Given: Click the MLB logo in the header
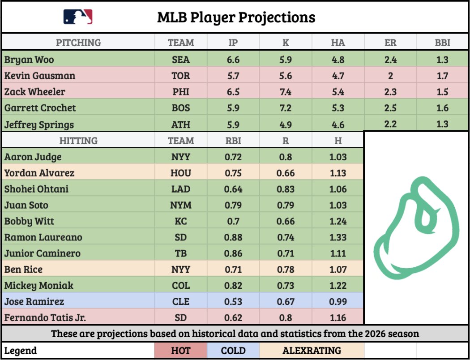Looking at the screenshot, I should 78,17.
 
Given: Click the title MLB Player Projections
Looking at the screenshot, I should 236,17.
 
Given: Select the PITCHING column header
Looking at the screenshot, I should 78,43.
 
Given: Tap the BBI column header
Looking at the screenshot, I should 442,43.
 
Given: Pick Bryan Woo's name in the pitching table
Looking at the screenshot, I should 29,60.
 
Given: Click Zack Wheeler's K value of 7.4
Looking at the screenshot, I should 286,92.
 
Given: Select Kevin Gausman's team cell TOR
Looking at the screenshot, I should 181,76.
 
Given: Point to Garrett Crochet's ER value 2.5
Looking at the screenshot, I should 390,108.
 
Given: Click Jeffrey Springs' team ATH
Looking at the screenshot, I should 181,124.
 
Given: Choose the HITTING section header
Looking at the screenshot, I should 78,141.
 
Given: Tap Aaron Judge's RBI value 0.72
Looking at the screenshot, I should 233,157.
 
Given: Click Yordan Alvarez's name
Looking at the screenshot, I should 39,173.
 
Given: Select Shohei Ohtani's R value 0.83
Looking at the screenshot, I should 286,189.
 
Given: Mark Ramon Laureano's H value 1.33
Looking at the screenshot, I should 338,237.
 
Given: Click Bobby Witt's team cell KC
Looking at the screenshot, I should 181,221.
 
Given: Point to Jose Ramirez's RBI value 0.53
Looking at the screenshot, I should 233,301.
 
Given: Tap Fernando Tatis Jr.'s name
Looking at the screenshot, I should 45,318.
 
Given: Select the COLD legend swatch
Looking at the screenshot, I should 233,351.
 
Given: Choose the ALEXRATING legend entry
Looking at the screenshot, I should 312,351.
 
